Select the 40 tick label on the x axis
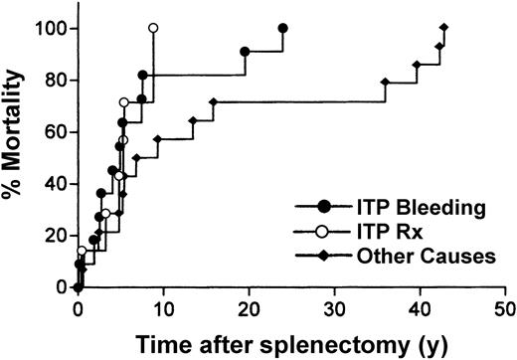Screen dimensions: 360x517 coord(420,308)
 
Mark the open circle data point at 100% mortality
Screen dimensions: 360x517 coord(153,28)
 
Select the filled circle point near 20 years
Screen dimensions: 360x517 coord(246,51)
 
